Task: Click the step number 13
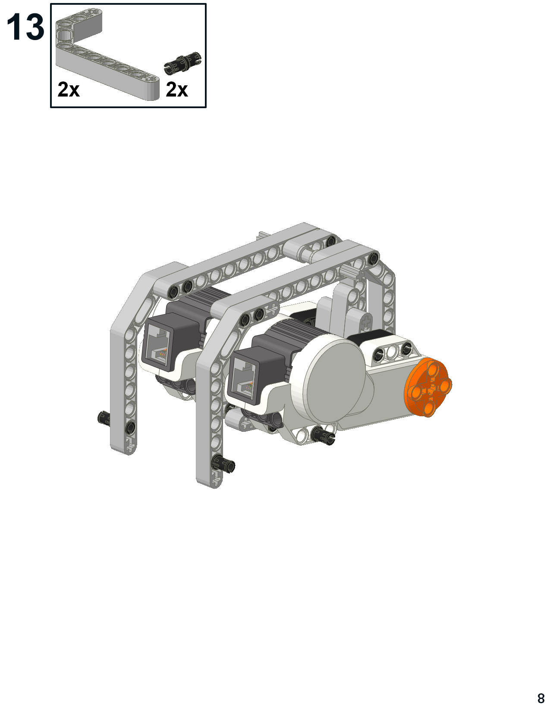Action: click(25, 28)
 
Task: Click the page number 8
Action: click(541, 698)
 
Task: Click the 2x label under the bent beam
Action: click(69, 90)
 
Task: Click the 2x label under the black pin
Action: click(177, 90)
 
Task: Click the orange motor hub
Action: click(428, 387)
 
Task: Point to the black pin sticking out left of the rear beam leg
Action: click(104, 417)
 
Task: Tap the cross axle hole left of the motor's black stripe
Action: click(366, 321)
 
